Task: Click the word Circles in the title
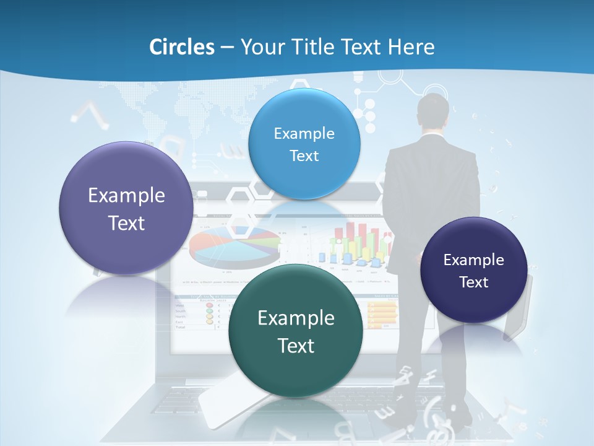click(182, 46)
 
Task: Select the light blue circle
click(304, 144)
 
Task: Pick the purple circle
click(126, 208)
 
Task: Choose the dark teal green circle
click(296, 331)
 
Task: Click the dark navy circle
click(474, 270)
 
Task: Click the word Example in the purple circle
click(126, 195)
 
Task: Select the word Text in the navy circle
click(474, 282)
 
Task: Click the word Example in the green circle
click(296, 318)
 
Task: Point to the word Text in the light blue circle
click(304, 156)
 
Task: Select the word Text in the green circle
click(296, 345)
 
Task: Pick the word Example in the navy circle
click(474, 260)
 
